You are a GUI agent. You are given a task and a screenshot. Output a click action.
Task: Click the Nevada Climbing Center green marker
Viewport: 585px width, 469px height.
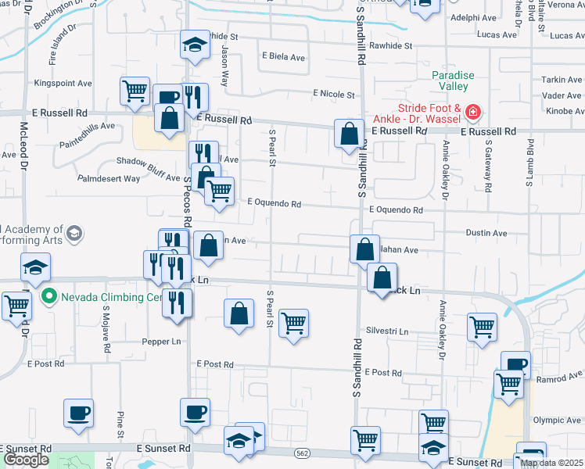pyautogui.click(x=48, y=297)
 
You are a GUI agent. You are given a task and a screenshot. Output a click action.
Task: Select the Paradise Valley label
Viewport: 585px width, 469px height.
pyautogui.click(x=453, y=81)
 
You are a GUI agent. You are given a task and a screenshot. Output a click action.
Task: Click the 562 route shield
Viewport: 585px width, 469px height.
pyautogui.click(x=303, y=453)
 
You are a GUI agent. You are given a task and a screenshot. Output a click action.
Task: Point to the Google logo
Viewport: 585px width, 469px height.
pyautogui.click(x=26, y=460)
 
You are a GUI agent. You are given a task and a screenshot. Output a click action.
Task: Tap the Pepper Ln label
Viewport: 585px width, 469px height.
pyautogui.click(x=161, y=342)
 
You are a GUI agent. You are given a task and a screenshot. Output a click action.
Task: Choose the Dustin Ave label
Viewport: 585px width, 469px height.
pyautogui.click(x=486, y=233)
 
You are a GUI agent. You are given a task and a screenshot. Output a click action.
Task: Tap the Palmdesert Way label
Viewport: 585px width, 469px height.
pyautogui.click(x=108, y=178)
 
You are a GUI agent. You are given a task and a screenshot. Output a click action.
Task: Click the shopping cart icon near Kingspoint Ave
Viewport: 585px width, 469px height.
pyautogui.click(x=135, y=91)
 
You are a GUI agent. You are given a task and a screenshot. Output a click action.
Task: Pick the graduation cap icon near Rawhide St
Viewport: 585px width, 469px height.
pyautogui.click(x=195, y=45)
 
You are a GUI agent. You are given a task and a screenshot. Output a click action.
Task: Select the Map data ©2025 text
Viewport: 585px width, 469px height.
pyautogui.click(x=552, y=463)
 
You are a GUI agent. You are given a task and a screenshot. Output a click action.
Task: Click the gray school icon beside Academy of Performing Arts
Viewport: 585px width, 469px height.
pyautogui.click(x=74, y=233)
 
